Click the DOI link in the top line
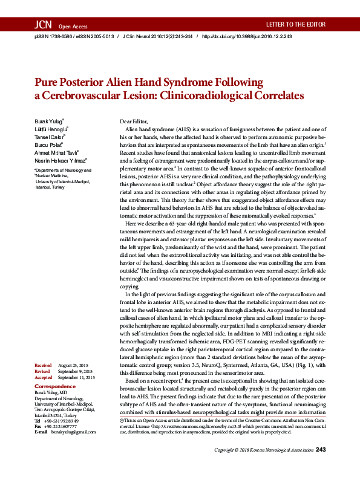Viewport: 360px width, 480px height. (x=246, y=36)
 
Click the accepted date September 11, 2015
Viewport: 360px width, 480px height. (x=77, y=377)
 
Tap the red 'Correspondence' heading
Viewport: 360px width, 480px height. (x=55, y=386)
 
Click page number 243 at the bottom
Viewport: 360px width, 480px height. (x=321, y=466)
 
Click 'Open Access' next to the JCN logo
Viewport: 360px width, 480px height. (x=73, y=27)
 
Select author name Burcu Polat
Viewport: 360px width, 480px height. (x=48, y=144)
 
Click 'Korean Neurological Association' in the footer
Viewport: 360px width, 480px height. (x=280, y=467)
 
